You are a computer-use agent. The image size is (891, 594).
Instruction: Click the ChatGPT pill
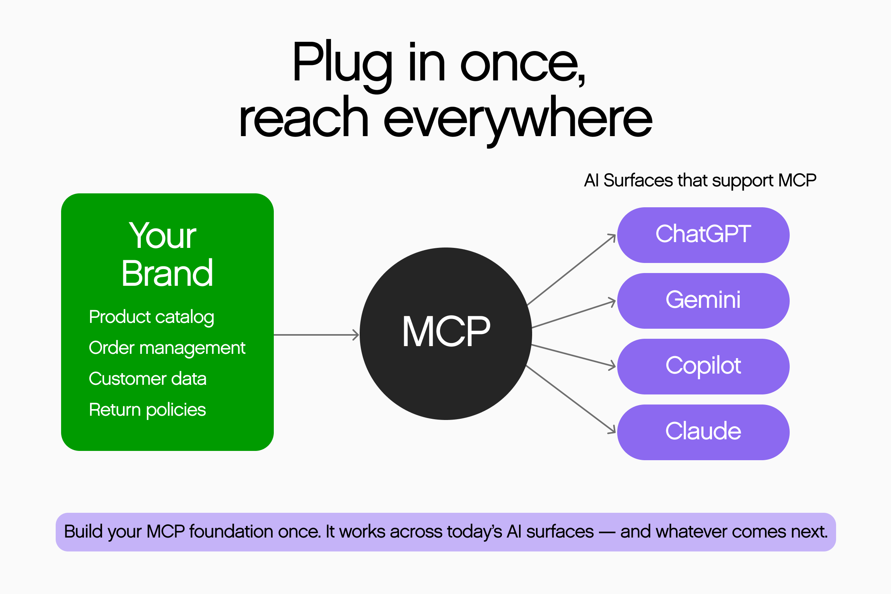(x=703, y=235)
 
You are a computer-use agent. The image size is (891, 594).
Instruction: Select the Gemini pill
(x=703, y=300)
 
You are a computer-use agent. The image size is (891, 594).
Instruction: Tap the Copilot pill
(x=703, y=366)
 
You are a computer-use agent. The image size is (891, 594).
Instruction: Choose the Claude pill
(x=703, y=432)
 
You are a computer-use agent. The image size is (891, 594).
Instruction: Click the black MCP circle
(x=446, y=333)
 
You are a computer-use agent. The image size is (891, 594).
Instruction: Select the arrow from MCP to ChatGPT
(x=572, y=270)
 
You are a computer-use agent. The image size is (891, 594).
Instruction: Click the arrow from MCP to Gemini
(x=574, y=314)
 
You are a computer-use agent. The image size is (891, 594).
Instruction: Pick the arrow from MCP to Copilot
(x=574, y=355)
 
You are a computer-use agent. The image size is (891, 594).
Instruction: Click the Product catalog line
(x=151, y=317)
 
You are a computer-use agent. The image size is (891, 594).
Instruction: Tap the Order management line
(x=167, y=348)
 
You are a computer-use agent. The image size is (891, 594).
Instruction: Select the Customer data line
(x=147, y=379)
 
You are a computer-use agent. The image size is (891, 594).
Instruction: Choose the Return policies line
(x=147, y=410)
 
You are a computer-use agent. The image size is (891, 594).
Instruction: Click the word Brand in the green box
(x=167, y=273)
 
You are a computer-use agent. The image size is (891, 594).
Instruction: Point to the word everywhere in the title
(x=517, y=118)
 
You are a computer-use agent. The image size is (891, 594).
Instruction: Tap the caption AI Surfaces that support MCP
(x=700, y=180)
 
